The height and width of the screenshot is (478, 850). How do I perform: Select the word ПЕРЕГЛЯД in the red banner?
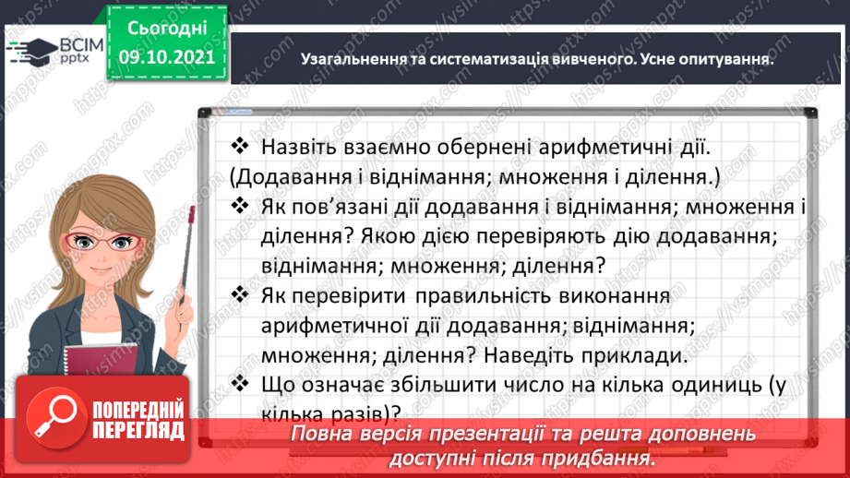(x=138, y=430)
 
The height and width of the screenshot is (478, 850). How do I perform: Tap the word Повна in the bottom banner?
(x=319, y=434)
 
